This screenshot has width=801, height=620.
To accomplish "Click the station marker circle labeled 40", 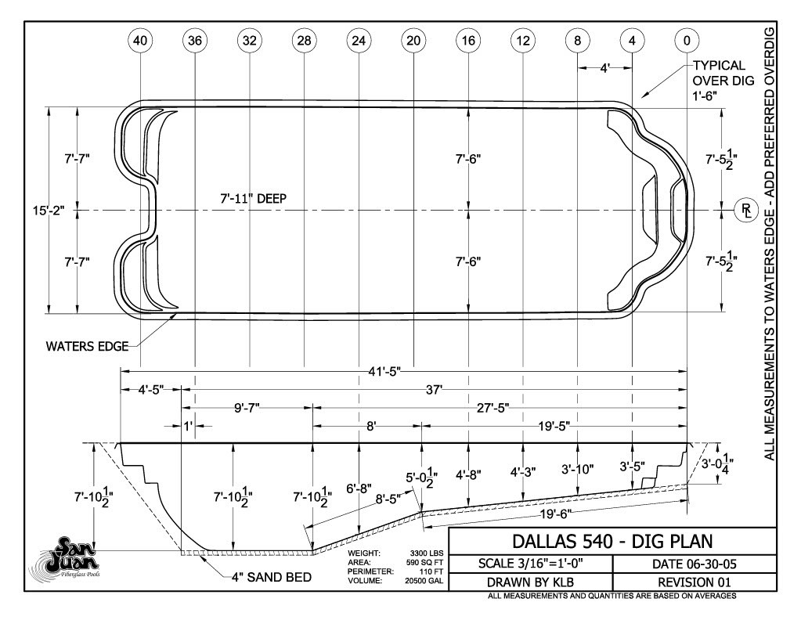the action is click(x=140, y=41).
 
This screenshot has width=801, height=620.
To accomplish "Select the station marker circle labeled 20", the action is click(x=413, y=41).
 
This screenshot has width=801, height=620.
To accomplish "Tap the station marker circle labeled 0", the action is click(x=687, y=41).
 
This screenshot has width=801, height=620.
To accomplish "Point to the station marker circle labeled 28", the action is click(x=304, y=41).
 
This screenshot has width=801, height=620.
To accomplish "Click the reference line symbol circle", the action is click(x=746, y=210).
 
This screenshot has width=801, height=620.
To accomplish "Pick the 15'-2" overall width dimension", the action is click(x=49, y=210).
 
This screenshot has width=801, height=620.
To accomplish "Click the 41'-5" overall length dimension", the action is click(x=384, y=371).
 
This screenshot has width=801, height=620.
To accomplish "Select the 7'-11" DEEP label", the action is click(x=254, y=198).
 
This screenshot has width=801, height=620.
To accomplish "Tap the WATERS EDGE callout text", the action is click(x=87, y=346).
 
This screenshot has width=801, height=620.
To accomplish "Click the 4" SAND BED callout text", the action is click(x=271, y=577).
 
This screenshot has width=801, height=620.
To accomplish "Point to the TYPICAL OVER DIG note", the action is click(x=723, y=80).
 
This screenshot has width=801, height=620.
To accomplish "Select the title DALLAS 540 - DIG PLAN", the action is click(x=612, y=542).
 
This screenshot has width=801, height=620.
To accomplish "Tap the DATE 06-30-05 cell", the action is click(x=695, y=564).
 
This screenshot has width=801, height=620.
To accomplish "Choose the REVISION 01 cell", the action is click(x=695, y=582).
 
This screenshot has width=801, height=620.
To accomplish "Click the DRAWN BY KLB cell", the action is click(x=530, y=582).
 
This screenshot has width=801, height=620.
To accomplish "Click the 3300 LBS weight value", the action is click(x=427, y=553).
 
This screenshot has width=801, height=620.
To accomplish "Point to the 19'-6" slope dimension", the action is click(x=555, y=514).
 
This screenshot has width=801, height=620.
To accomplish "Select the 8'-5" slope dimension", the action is click(x=388, y=499).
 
